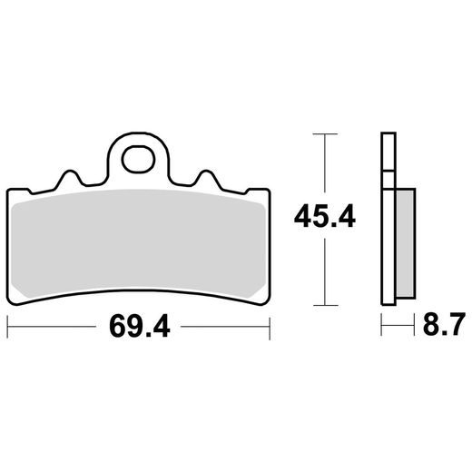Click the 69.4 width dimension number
pyautogui.click(x=140, y=326)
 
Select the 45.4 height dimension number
pyautogui.click(x=325, y=216)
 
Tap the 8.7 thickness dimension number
pyautogui.click(x=443, y=324)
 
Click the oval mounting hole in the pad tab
pyautogui.click(x=138, y=159)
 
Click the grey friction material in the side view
pyautogui.click(x=405, y=242)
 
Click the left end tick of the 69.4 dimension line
pyautogui.click(x=7, y=327)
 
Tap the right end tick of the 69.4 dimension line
pyautogui.click(x=270, y=327)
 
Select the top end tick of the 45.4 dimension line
pyautogui.click(x=325, y=133)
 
